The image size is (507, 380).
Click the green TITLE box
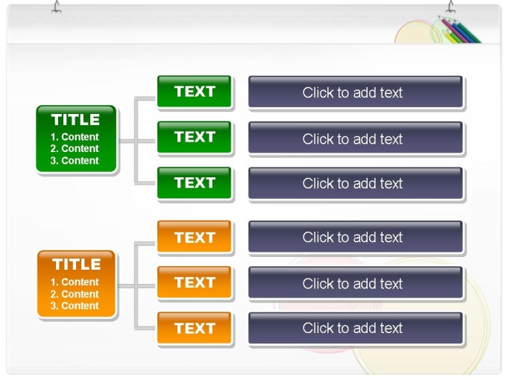tap(76, 139)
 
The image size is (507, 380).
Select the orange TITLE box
tap(76, 284)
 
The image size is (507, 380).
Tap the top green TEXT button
tap(195, 92)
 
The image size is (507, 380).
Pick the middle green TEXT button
tap(195, 137)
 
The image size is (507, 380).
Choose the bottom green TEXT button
tap(195, 183)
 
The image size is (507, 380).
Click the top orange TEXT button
tap(195, 236)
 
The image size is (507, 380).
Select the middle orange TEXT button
tap(195, 282)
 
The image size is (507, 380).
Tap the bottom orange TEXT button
tap(195, 328)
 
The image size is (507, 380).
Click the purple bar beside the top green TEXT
tap(356, 92)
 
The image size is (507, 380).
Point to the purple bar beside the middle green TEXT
tap(356, 137)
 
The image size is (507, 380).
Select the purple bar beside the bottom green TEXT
tap(356, 183)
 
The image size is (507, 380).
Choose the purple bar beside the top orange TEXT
tap(356, 237)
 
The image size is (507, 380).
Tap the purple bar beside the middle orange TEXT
tap(356, 282)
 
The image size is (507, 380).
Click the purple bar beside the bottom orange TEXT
tap(356, 329)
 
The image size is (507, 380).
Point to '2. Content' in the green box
tap(75, 148)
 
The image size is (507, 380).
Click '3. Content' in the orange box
tap(75, 305)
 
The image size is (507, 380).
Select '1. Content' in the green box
tap(75, 137)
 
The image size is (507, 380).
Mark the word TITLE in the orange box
tap(77, 265)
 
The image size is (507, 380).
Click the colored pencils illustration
tap(460, 30)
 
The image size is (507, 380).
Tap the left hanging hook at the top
tap(57, 7)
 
